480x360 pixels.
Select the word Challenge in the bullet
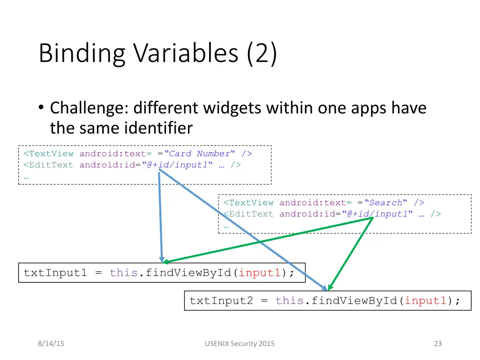tap(87, 108)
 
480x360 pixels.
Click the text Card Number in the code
tap(200, 154)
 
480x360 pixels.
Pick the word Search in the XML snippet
tap(386, 202)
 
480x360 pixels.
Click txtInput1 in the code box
tap(55, 273)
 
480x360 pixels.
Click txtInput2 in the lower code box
tap(221, 300)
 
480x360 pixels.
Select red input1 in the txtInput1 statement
tap(260, 273)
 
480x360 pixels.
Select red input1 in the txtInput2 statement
tap(426, 300)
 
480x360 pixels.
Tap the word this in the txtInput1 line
tap(124, 273)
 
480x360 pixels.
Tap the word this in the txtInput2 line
tap(290, 300)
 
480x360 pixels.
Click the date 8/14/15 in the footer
tap(51, 344)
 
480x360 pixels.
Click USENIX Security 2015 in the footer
tap(240, 344)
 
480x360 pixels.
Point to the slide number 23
tap(438, 344)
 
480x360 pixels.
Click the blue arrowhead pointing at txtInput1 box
tap(162, 259)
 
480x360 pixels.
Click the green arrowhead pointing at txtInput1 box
tap(167, 262)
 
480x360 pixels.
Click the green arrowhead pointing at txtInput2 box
tap(330, 287)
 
